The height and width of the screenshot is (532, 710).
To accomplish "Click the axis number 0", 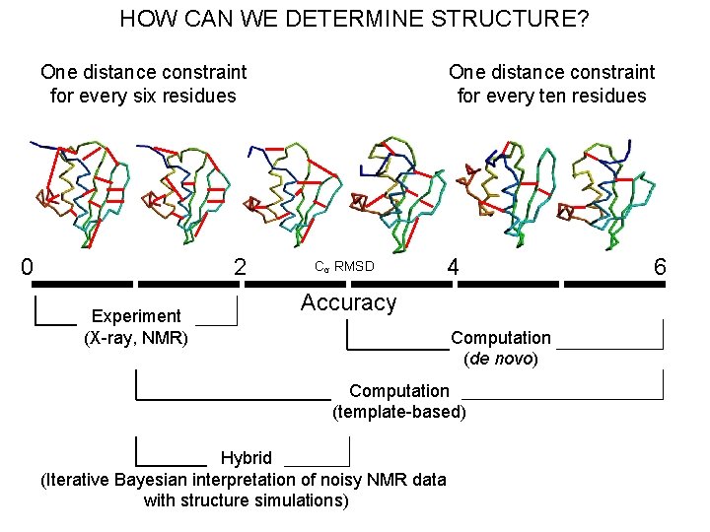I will tap(28, 267).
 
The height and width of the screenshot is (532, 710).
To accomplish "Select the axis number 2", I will tap(239, 267).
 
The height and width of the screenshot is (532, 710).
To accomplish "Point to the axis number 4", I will tap(452, 267).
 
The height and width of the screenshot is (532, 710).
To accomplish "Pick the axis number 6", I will tap(660, 267).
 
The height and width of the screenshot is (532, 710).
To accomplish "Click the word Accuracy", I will tap(348, 302).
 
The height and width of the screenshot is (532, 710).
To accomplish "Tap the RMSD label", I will tap(354, 266).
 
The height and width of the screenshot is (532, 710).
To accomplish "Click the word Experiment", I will tap(136, 315).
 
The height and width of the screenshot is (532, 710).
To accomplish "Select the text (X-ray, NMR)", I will tap(136, 338).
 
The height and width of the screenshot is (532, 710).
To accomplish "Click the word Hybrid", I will tap(246, 457).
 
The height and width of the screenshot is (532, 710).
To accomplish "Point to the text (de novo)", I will tap(500, 359).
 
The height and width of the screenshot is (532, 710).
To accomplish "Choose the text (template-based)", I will tap(398, 411).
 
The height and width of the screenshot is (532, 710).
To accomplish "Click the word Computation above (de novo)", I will tap(500, 338).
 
